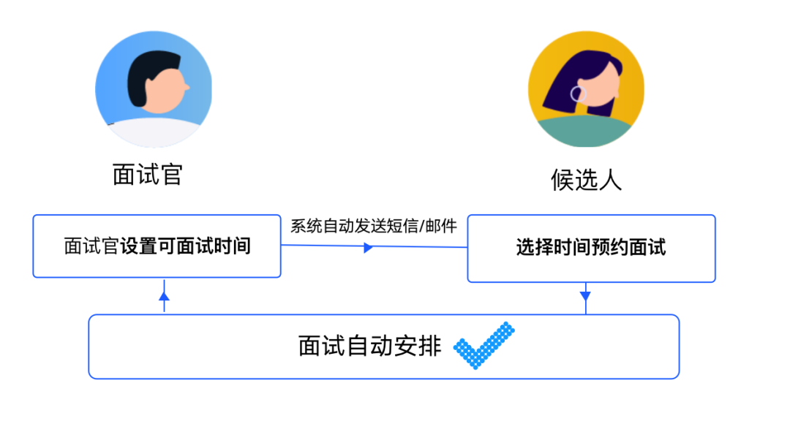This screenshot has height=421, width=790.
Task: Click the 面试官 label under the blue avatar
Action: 147,174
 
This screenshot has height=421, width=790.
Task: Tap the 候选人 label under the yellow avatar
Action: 586,179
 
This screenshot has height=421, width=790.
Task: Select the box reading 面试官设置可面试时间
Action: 157,246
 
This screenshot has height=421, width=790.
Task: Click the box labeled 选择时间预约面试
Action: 591,248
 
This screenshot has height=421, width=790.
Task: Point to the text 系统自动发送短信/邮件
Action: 374,226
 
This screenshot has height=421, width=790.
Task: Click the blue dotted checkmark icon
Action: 484,345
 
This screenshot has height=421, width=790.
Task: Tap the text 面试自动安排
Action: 369,345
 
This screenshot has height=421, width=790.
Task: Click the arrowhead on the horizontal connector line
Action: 368,248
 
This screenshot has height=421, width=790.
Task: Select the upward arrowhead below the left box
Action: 164,296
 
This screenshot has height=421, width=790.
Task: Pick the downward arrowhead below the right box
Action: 585,296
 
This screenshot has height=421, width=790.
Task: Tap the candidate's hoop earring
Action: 578,94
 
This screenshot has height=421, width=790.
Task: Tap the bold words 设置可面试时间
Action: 186,246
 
